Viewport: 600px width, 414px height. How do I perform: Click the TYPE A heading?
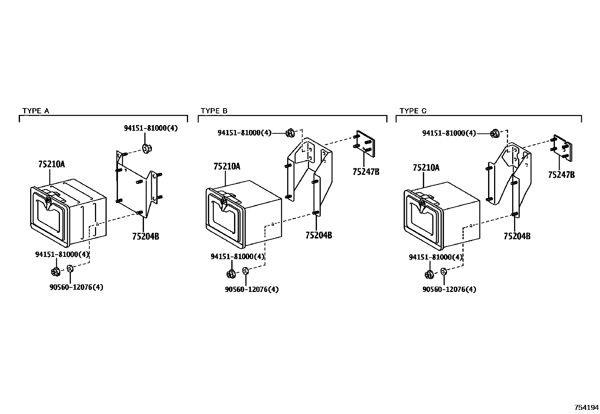point(35,111)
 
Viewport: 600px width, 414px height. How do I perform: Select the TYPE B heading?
point(214,111)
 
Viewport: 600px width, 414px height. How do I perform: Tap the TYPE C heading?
point(413,111)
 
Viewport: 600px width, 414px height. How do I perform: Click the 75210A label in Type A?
point(51,164)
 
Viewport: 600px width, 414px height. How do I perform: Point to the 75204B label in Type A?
point(145,236)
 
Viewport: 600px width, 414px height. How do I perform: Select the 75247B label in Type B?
point(366,171)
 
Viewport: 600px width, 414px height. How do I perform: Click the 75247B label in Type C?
point(561,175)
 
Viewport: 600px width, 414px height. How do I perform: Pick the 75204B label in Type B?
point(318,235)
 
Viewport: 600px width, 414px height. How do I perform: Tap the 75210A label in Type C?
point(426,168)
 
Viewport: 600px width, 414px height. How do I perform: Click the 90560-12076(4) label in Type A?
point(76,287)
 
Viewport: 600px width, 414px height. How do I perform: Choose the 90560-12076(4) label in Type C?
point(449,289)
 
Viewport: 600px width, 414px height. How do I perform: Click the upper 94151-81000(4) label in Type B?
point(244,133)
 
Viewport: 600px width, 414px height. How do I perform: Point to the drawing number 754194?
point(586,408)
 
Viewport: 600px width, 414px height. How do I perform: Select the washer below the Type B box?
point(245,271)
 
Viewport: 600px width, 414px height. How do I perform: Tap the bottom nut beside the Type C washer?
point(429,275)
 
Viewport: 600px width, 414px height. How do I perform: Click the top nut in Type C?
point(495,133)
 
